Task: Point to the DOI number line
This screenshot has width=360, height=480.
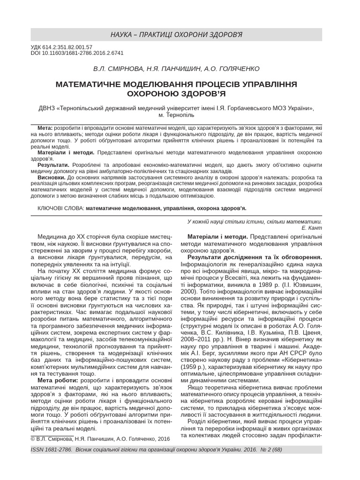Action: (x=77, y=53)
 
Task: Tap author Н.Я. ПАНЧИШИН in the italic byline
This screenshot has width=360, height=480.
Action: (x=175, y=68)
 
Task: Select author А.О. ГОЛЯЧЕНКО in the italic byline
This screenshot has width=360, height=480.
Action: (x=232, y=68)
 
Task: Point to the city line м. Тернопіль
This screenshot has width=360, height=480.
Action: (x=176, y=114)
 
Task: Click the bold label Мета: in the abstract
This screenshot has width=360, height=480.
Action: (x=45, y=127)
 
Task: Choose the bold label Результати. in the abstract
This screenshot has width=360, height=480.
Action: (x=53, y=165)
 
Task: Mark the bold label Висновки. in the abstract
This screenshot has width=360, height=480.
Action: (x=52, y=178)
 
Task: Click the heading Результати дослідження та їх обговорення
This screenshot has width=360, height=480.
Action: (x=255, y=257)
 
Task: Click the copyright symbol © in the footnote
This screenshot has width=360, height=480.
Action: (x=33, y=439)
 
